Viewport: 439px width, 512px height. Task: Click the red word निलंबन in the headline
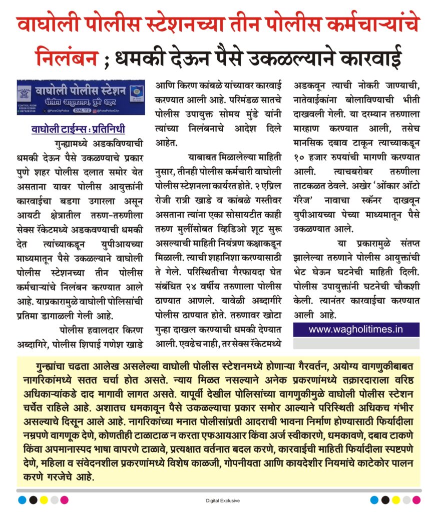pos(67,59)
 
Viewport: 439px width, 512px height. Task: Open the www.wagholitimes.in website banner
pos(356,329)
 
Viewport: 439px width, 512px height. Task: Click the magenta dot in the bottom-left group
pos(65,499)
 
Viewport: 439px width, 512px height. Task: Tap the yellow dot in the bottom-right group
pos(396,499)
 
